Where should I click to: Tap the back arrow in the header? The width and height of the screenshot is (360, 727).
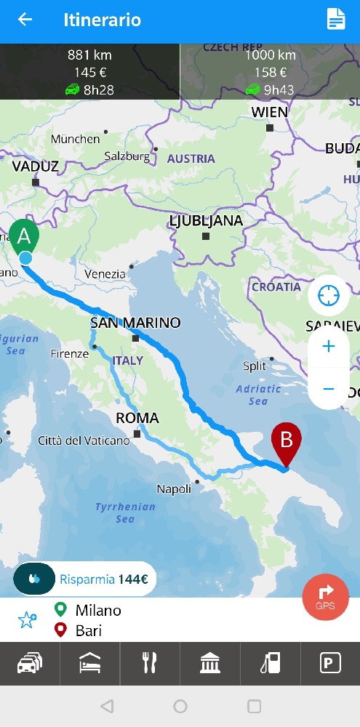(x=25, y=20)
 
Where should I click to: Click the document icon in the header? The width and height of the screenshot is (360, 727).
(x=335, y=20)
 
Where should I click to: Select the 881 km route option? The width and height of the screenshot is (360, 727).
(x=89, y=72)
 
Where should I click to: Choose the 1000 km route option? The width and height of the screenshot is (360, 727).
(x=270, y=72)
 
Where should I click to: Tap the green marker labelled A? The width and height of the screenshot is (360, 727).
(x=25, y=237)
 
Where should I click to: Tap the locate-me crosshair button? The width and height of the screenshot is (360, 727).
(x=329, y=296)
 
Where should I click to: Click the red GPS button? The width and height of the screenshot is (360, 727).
(x=325, y=597)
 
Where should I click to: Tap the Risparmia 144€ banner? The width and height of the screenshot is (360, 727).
(x=84, y=579)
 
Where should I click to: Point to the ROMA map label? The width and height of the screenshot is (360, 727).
(x=137, y=418)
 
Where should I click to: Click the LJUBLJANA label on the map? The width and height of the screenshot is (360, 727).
(x=206, y=221)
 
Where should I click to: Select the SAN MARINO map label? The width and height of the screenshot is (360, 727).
(x=135, y=323)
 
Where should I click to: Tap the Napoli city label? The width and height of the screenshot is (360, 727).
(x=174, y=489)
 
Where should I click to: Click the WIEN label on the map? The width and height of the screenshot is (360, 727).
(x=270, y=113)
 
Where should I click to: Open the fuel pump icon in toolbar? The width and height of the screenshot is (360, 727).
(x=270, y=664)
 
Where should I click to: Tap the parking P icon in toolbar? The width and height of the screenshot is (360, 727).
(x=330, y=664)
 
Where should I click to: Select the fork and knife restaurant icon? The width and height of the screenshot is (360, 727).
(x=150, y=664)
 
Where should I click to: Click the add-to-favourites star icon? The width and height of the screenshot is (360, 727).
(x=28, y=620)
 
